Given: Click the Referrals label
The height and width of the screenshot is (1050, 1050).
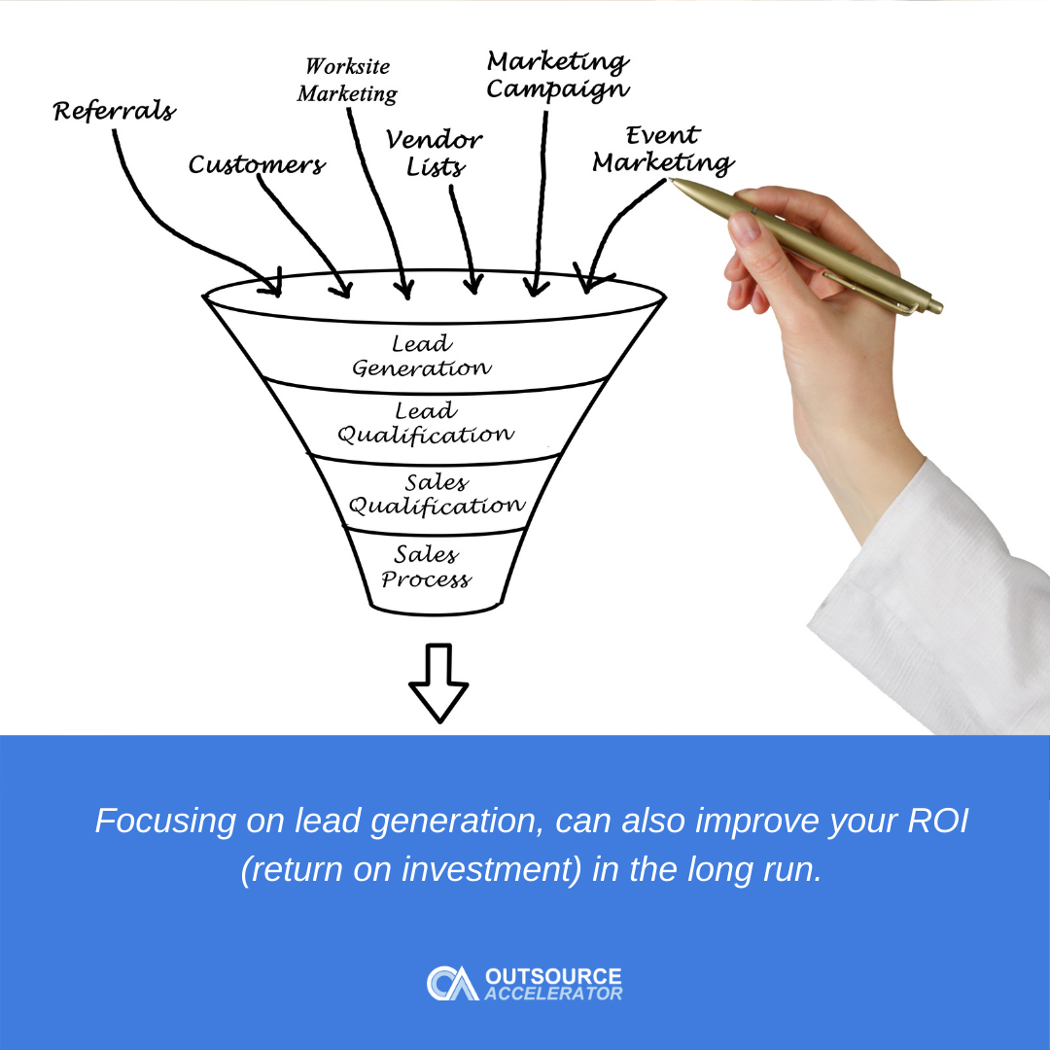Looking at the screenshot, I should tap(114, 111).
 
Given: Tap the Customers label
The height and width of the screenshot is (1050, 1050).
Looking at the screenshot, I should tap(257, 165).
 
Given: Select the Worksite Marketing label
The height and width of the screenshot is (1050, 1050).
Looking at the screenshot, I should tap(347, 81).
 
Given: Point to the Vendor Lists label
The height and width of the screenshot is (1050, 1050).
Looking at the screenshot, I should tap(435, 154).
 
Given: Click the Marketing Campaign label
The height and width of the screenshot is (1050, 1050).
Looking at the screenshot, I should tap(557, 76).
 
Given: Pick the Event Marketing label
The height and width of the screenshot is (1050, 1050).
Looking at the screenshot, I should tap(663, 150).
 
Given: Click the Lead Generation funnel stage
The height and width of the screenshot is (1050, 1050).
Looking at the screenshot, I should tap(421, 356).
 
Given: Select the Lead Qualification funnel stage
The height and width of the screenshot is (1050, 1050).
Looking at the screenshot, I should tap(425, 424).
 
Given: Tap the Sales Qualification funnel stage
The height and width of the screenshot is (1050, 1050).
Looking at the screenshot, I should tap(437, 494).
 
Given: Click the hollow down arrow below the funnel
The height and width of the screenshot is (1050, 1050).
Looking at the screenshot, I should tap(438, 682).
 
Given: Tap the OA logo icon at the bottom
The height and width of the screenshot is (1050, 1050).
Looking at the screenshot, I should tap(451, 983).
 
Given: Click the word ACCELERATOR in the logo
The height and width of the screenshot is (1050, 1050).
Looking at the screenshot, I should tap(553, 994).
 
